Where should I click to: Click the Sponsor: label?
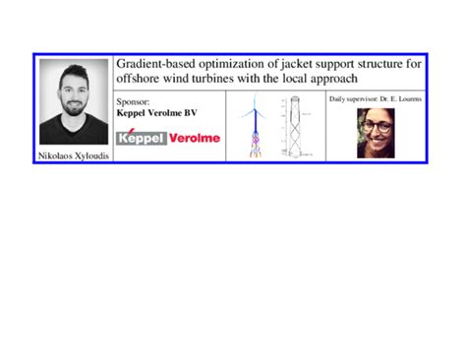click(x=134, y=101)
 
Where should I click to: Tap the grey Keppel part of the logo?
click(x=142, y=139)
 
